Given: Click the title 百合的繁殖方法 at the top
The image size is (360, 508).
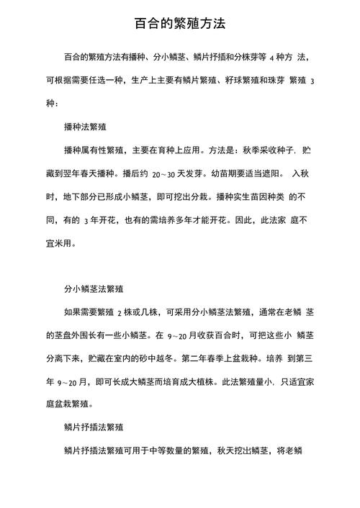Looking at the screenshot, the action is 180,23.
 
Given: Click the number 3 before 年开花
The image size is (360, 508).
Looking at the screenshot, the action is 86,220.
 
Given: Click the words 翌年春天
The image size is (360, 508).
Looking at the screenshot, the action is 82,173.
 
